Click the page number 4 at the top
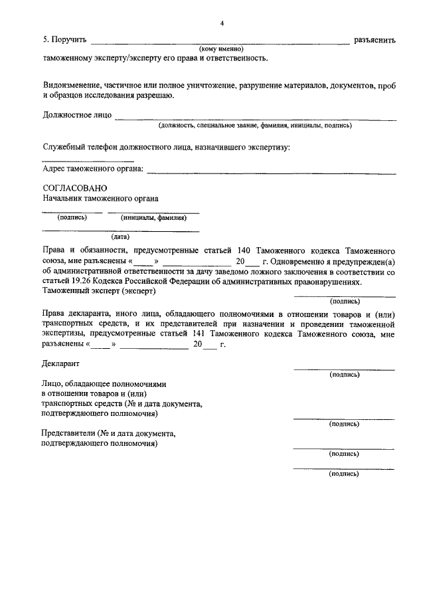click(x=223, y=24)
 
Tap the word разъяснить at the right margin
click(x=375, y=40)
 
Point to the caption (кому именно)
click(x=222, y=49)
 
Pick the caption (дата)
click(x=120, y=237)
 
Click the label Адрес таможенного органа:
click(x=93, y=169)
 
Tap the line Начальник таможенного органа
click(x=100, y=198)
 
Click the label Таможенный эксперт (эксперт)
click(x=98, y=290)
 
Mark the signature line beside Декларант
click(x=344, y=368)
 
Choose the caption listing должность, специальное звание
click(x=254, y=125)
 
